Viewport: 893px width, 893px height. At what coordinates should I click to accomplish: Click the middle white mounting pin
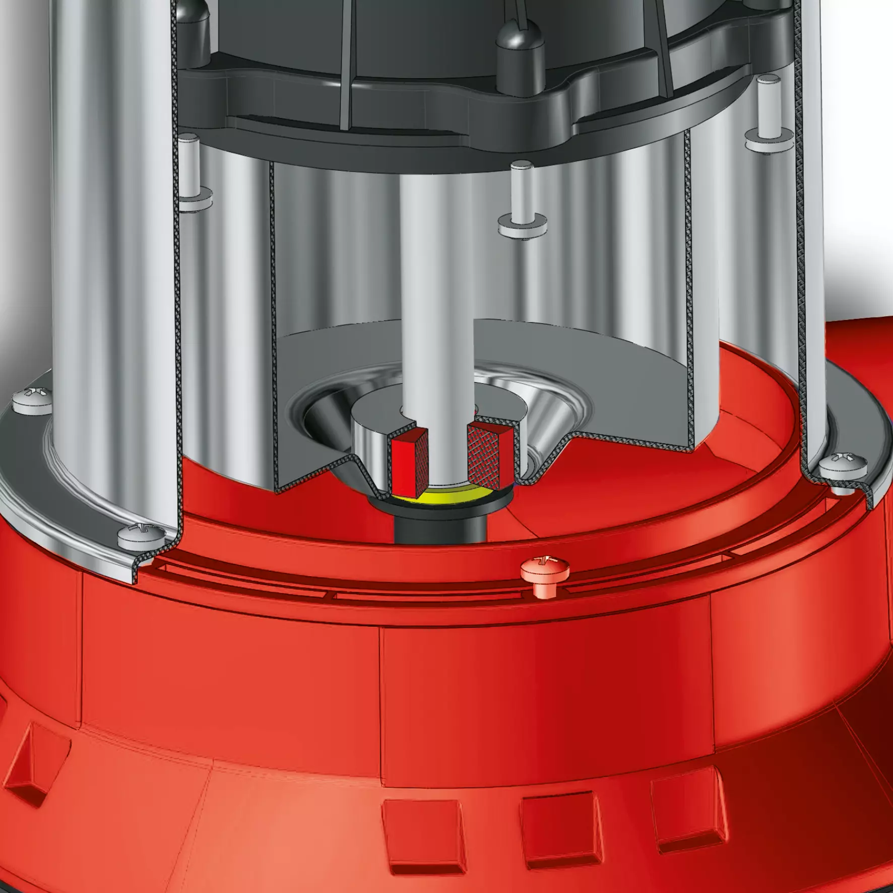pos(522,194)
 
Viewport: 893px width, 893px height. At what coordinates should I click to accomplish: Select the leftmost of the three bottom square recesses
pos(423,842)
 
